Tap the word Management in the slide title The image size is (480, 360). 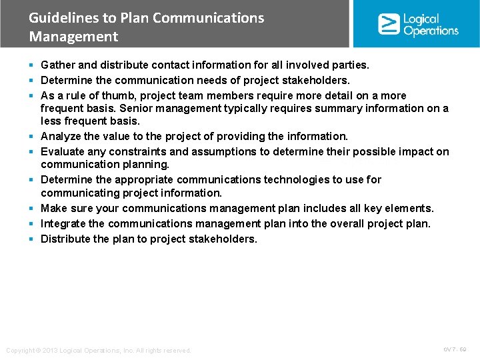coord(73,37)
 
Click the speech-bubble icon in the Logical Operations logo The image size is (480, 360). coord(389,24)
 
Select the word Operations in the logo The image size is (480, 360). coord(431,31)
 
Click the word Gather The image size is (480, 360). coord(57,65)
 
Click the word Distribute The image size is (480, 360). coord(66,239)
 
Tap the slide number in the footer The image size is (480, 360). coord(455,349)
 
